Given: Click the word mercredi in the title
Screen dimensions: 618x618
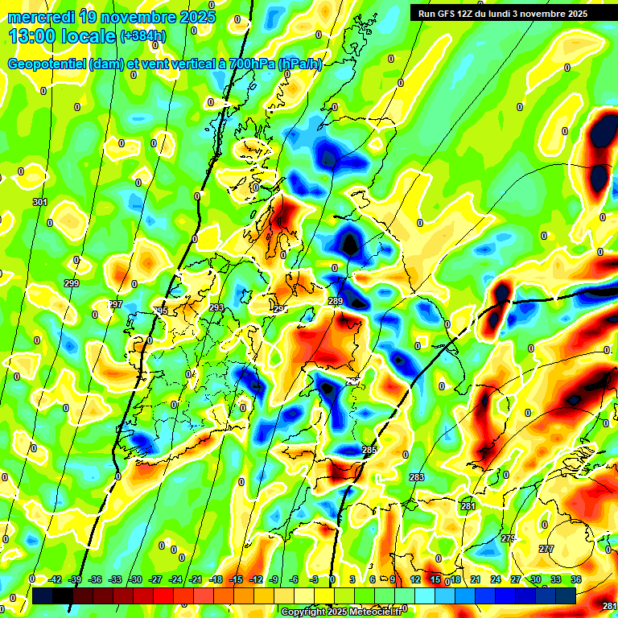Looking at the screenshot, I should pyautogui.click(x=41, y=17).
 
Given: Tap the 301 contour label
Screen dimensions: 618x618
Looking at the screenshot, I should pyautogui.click(x=40, y=202).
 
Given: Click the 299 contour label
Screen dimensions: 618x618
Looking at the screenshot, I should pyautogui.click(x=72, y=284).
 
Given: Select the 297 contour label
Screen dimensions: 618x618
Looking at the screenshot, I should pyautogui.click(x=115, y=304).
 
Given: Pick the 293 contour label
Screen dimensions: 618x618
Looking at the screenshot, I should pyautogui.click(x=216, y=308).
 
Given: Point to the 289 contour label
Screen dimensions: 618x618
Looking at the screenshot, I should pyautogui.click(x=336, y=301).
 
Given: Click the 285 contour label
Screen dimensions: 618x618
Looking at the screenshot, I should pyautogui.click(x=369, y=449).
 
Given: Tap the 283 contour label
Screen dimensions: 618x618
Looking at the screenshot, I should pyautogui.click(x=417, y=478).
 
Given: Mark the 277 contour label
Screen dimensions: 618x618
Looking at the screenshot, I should pyautogui.click(x=546, y=549).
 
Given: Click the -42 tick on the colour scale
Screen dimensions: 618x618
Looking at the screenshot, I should pyautogui.click(x=55, y=579).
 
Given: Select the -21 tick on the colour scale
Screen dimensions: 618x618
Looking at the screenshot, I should pyautogui.click(x=196, y=579).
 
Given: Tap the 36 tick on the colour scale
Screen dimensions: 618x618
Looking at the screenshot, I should pyautogui.click(x=576, y=579).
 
